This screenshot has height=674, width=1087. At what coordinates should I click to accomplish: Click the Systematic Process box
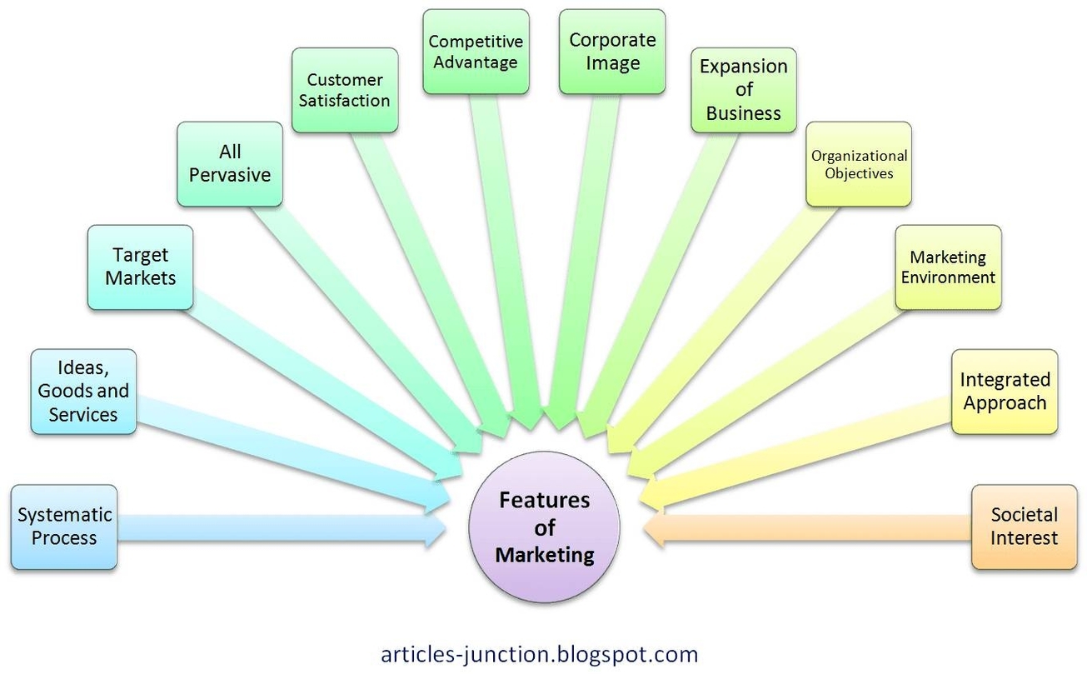click(64, 527)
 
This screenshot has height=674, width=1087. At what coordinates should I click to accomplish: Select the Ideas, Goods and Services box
click(83, 391)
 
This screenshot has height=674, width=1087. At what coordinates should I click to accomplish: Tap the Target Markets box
click(140, 267)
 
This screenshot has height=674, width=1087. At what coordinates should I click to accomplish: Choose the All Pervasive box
click(230, 163)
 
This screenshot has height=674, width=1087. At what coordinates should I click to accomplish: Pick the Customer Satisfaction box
click(345, 90)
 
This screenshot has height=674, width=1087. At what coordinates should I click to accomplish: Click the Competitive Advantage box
click(476, 52)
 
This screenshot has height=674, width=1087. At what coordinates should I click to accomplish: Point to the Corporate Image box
click(612, 52)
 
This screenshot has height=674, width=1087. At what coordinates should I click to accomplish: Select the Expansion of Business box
click(744, 90)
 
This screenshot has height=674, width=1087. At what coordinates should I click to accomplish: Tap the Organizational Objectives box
click(859, 164)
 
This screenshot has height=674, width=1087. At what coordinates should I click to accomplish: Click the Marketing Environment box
click(948, 267)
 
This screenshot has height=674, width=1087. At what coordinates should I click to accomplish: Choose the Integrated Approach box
click(1005, 392)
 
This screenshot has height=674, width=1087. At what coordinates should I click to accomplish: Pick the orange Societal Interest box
click(1024, 527)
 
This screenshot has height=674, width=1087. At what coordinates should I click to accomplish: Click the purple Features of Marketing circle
click(545, 527)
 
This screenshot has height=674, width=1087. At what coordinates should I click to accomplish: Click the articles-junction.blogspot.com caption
click(539, 653)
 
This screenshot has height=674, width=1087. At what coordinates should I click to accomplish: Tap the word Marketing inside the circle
click(545, 555)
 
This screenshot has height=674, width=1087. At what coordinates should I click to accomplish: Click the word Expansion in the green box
click(744, 67)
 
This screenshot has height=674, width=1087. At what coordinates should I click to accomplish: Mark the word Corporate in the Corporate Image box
click(612, 39)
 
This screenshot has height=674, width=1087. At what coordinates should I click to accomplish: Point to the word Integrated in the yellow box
click(1005, 380)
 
